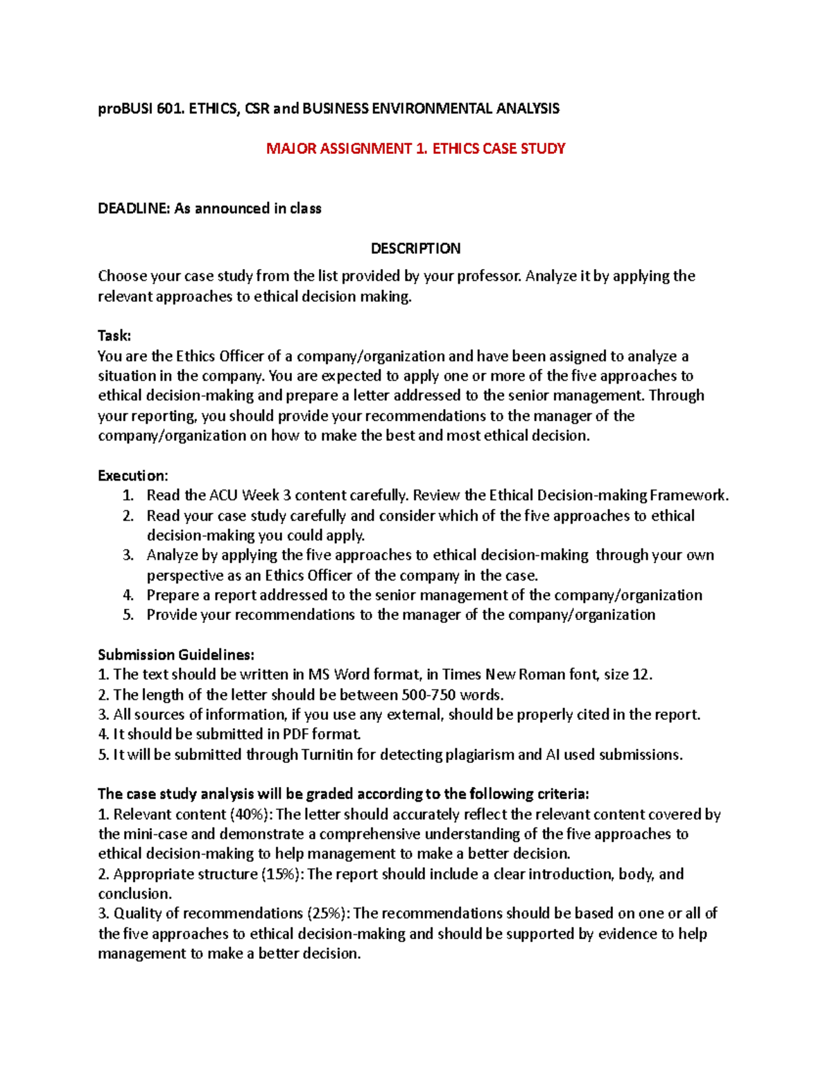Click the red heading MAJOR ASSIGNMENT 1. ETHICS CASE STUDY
point(415,148)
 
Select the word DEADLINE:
point(134,209)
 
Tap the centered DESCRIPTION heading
point(415,248)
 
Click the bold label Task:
point(114,336)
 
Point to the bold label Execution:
point(132,476)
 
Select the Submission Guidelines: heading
point(176,655)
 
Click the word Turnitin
point(327,755)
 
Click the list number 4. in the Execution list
point(128,595)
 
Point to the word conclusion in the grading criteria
point(133,894)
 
